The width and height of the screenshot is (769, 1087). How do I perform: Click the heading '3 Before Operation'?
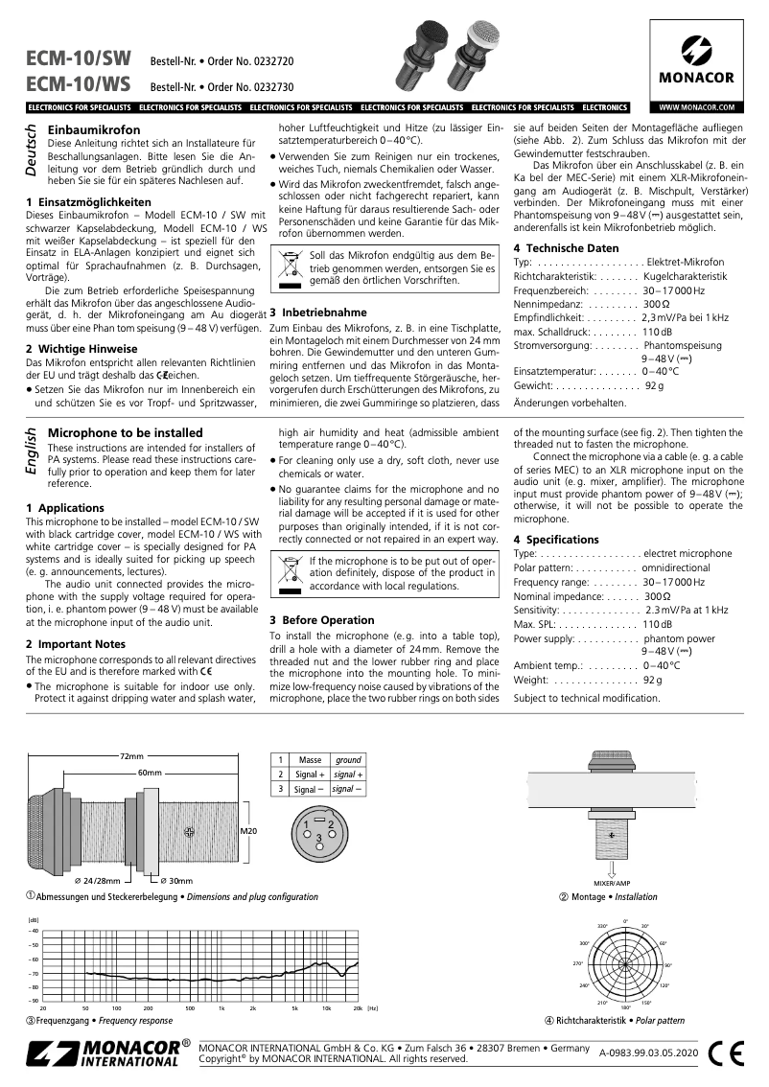click(x=321, y=620)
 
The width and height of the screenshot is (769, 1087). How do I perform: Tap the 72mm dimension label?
click(x=131, y=756)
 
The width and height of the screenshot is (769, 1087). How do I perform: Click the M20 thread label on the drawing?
click(x=248, y=831)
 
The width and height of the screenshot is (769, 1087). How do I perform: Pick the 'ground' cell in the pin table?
click(x=348, y=759)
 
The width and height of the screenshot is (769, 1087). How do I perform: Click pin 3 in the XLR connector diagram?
click(x=318, y=838)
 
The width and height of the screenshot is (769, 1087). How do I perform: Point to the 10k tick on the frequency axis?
click(x=326, y=1008)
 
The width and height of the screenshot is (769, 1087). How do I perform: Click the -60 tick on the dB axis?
click(x=34, y=959)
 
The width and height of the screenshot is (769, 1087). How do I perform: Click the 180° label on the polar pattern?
click(x=625, y=1007)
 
